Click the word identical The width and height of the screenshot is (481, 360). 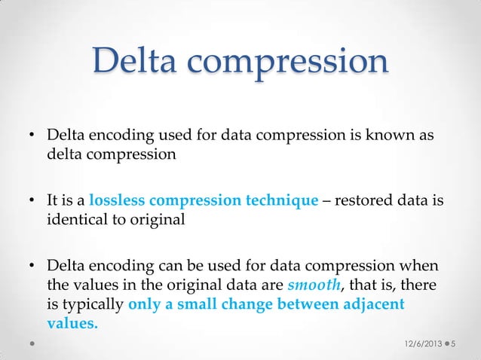(75, 221)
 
